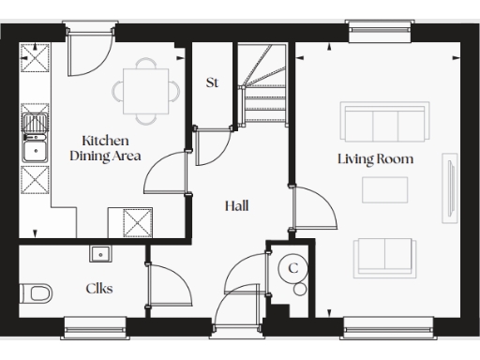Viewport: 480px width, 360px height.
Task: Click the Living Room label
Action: click(375, 159)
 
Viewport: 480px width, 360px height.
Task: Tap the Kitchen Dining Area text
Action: click(105, 148)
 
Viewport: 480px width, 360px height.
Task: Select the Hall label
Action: click(236, 205)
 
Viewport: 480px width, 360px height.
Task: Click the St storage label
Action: click(212, 82)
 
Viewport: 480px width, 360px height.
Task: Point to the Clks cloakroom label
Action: click(99, 289)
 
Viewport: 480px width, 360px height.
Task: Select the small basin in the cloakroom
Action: click(99, 252)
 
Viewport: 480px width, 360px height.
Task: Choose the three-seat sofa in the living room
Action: click(382, 123)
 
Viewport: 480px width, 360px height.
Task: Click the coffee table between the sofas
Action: click(384, 189)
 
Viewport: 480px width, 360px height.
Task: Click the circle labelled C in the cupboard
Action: click(292, 268)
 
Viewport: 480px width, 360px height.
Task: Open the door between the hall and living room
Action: click(314, 210)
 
